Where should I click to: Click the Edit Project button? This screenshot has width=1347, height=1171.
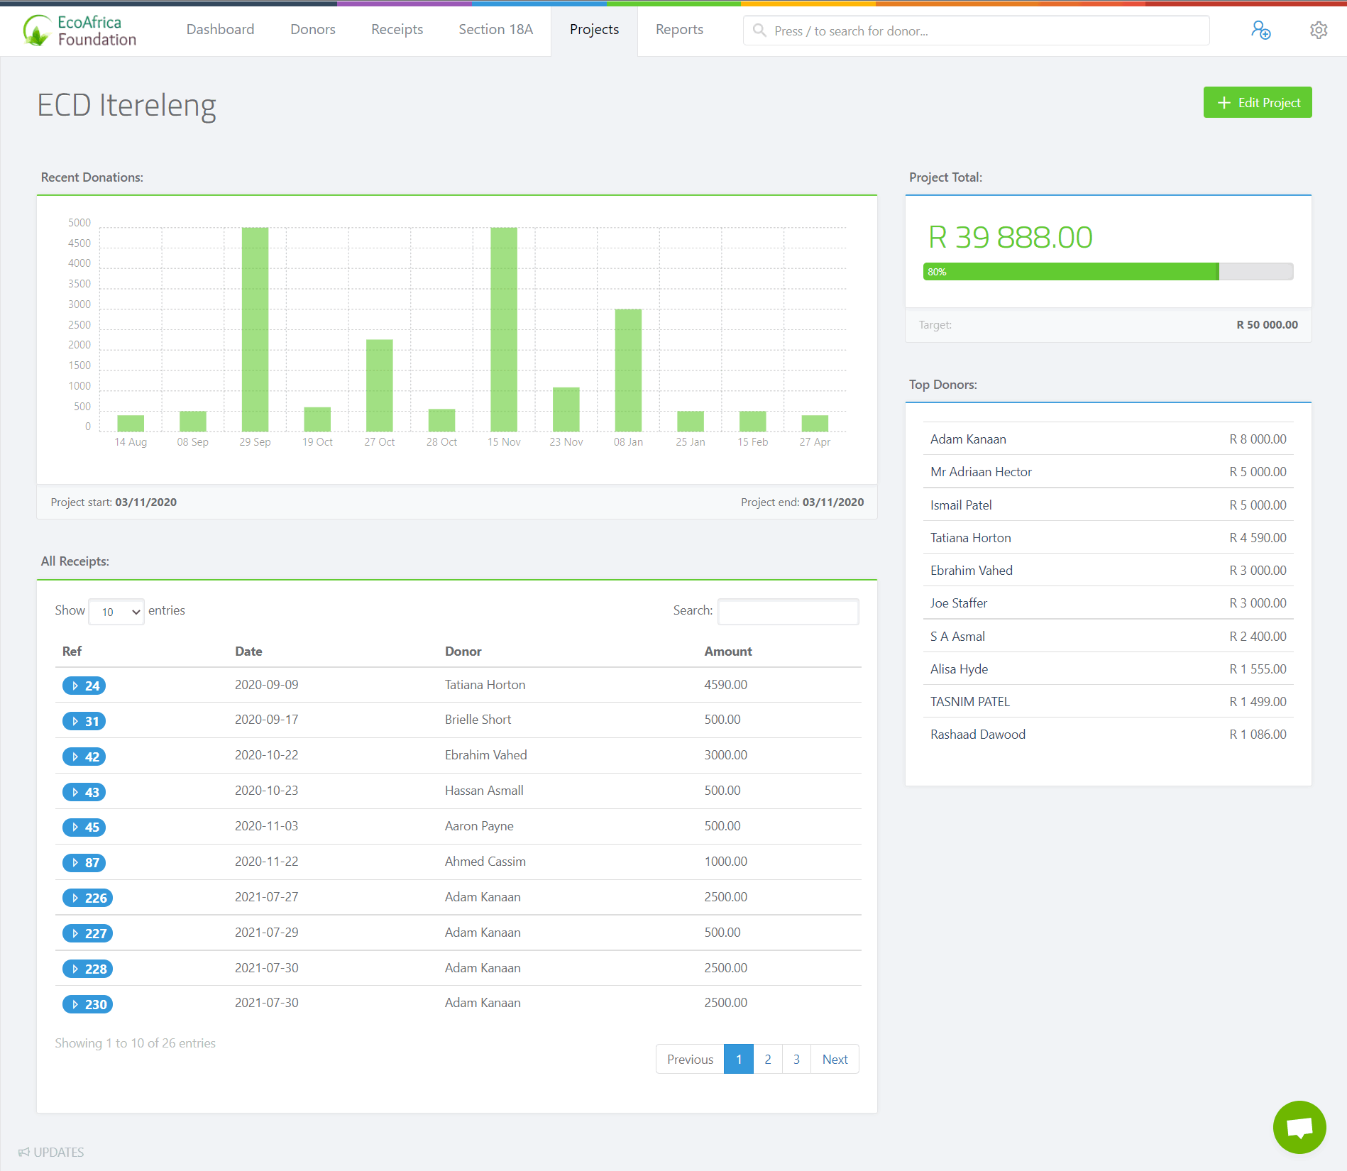[x=1257, y=103]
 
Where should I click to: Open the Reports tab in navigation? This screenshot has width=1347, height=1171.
[x=678, y=30]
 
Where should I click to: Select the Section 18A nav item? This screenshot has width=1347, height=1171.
[x=495, y=30]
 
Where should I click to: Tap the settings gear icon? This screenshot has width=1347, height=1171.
[x=1318, y=31]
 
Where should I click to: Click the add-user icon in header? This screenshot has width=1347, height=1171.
[x=1260, y=31]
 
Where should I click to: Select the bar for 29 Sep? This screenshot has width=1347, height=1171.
[x=255, y=329]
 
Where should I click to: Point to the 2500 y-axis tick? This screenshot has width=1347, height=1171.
[x=79, y=325]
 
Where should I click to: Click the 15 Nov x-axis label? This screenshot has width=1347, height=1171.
[x=504, y=442]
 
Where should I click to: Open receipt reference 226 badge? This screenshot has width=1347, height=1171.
[x=88, y=898]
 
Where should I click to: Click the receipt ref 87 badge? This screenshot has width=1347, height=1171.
[x=84, y=862]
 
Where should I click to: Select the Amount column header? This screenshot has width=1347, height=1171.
[x=727, y=652]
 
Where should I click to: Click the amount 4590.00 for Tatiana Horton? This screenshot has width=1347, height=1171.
[x=725, y=685]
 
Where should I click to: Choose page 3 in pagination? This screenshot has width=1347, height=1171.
[x=796, y=1060]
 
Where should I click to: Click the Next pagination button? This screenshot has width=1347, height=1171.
[x=835, y=1060]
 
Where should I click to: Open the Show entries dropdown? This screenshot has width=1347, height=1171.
[x=116, y=612]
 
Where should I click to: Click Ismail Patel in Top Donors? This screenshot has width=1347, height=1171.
[x=961, y=505]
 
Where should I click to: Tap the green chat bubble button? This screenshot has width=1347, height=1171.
[x=1299, y=1127]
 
